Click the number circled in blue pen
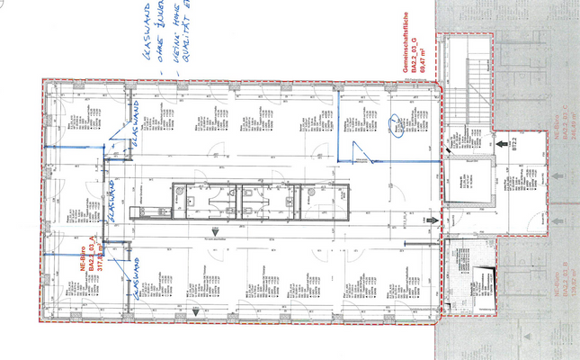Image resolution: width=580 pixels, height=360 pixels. (x=397, y=130)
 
